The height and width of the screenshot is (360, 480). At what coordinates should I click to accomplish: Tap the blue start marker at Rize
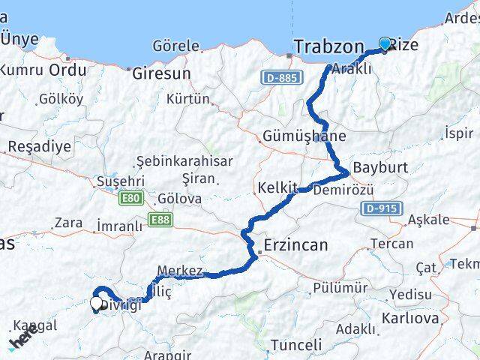pos(385,43)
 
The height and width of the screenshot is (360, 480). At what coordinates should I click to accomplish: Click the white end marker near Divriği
pos(97,304)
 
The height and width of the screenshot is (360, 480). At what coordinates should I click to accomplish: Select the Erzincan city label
pos(295,245)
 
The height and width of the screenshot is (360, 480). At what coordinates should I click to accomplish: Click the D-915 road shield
pos(382,208)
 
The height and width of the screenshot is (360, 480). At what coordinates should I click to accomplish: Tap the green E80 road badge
pos(130,198)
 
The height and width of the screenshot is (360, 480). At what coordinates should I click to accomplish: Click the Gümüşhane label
pos(304,136)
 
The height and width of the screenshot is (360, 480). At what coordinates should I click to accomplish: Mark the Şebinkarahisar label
pos(184,161)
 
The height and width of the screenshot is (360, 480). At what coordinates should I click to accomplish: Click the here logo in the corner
pos(22,340)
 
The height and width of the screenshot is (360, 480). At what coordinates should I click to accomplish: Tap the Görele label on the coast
pos(175,46)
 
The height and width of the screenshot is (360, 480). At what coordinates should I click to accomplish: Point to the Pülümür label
pos(340,287)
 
